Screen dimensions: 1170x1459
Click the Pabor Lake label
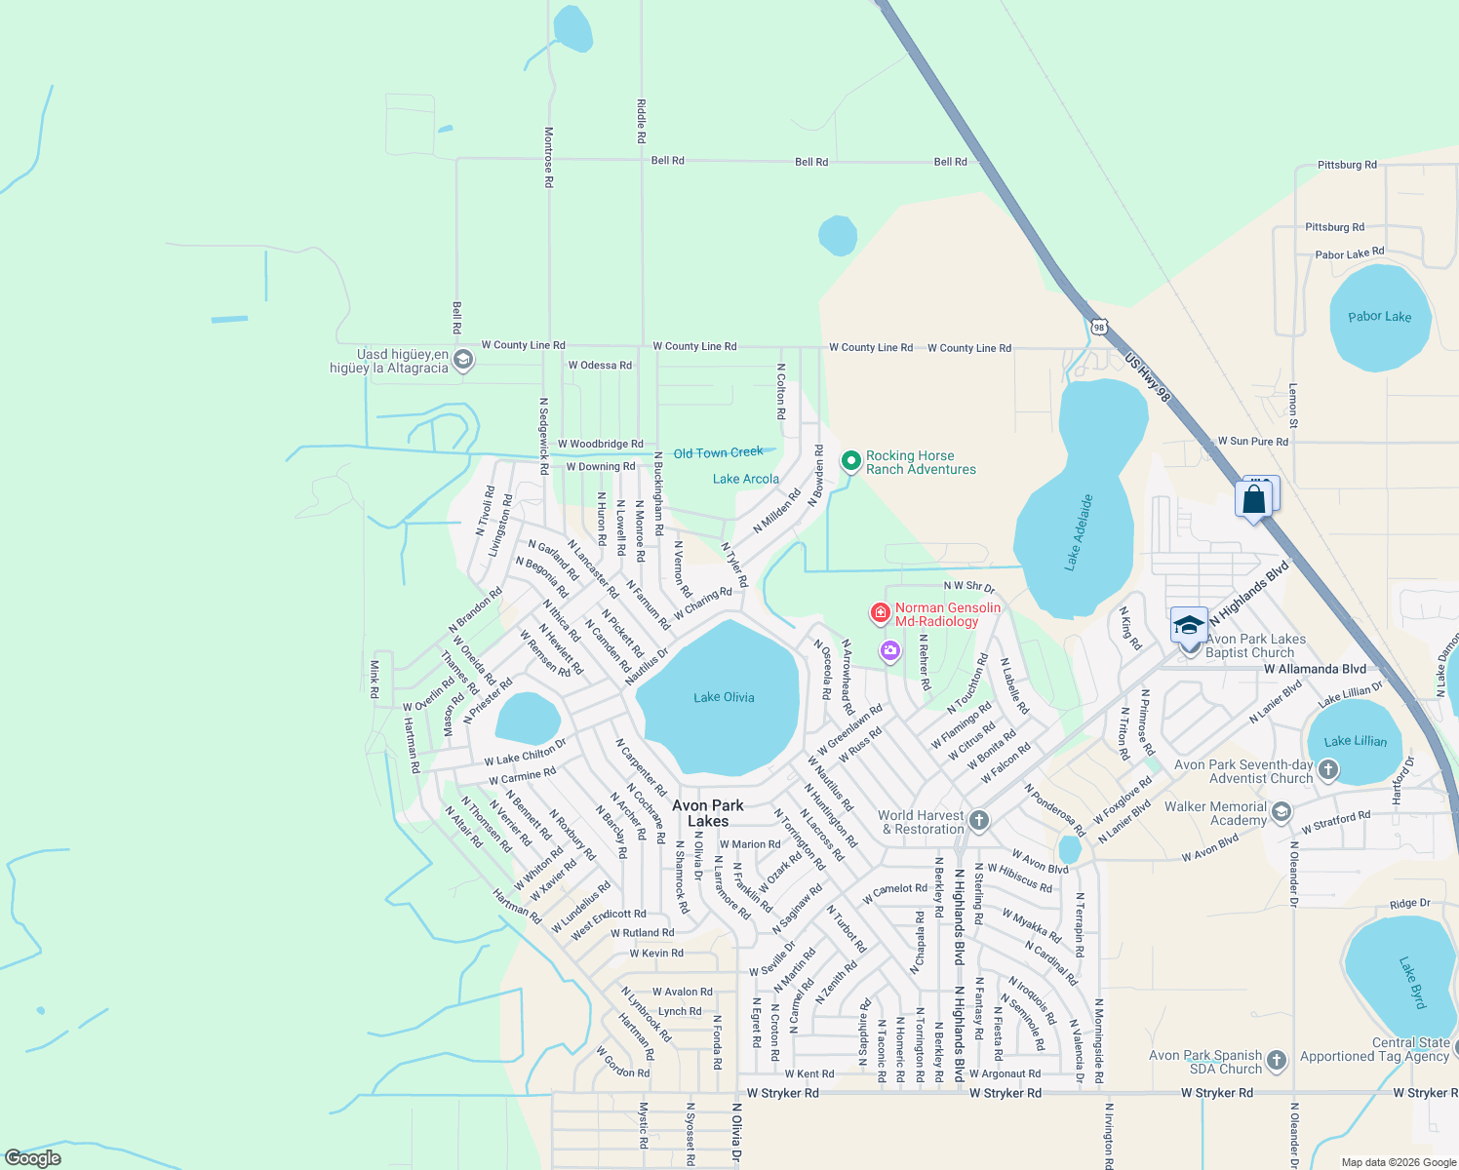coord(1379,317)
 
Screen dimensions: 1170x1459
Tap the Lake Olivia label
coord(724,697)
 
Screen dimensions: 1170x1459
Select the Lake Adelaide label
coord(1079,532)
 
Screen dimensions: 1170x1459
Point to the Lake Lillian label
coord(1356,741)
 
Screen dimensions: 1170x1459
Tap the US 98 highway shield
coord(1099,328)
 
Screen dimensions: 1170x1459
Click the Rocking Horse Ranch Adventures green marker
coord(850,460)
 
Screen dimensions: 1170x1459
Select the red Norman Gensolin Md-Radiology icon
coord(880,612)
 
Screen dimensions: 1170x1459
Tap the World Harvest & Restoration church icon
coord(979,821)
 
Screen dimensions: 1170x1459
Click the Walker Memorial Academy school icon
coord(1282,811)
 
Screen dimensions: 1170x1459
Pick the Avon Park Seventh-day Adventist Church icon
coord(1328,771)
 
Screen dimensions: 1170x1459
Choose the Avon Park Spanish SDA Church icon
coord(1277,1060)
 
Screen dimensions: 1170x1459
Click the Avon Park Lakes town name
coord(708,813)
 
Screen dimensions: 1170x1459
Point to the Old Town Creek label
coord(719,453)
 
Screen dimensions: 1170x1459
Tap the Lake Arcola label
coord(746,479)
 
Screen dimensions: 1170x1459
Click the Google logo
coord(33,1158)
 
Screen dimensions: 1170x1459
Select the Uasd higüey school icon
coord(464,361)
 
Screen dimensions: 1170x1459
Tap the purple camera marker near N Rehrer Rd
coord(889,650)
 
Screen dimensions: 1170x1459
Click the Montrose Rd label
coord(549,157)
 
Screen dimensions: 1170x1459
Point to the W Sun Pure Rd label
coord(1252,442)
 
